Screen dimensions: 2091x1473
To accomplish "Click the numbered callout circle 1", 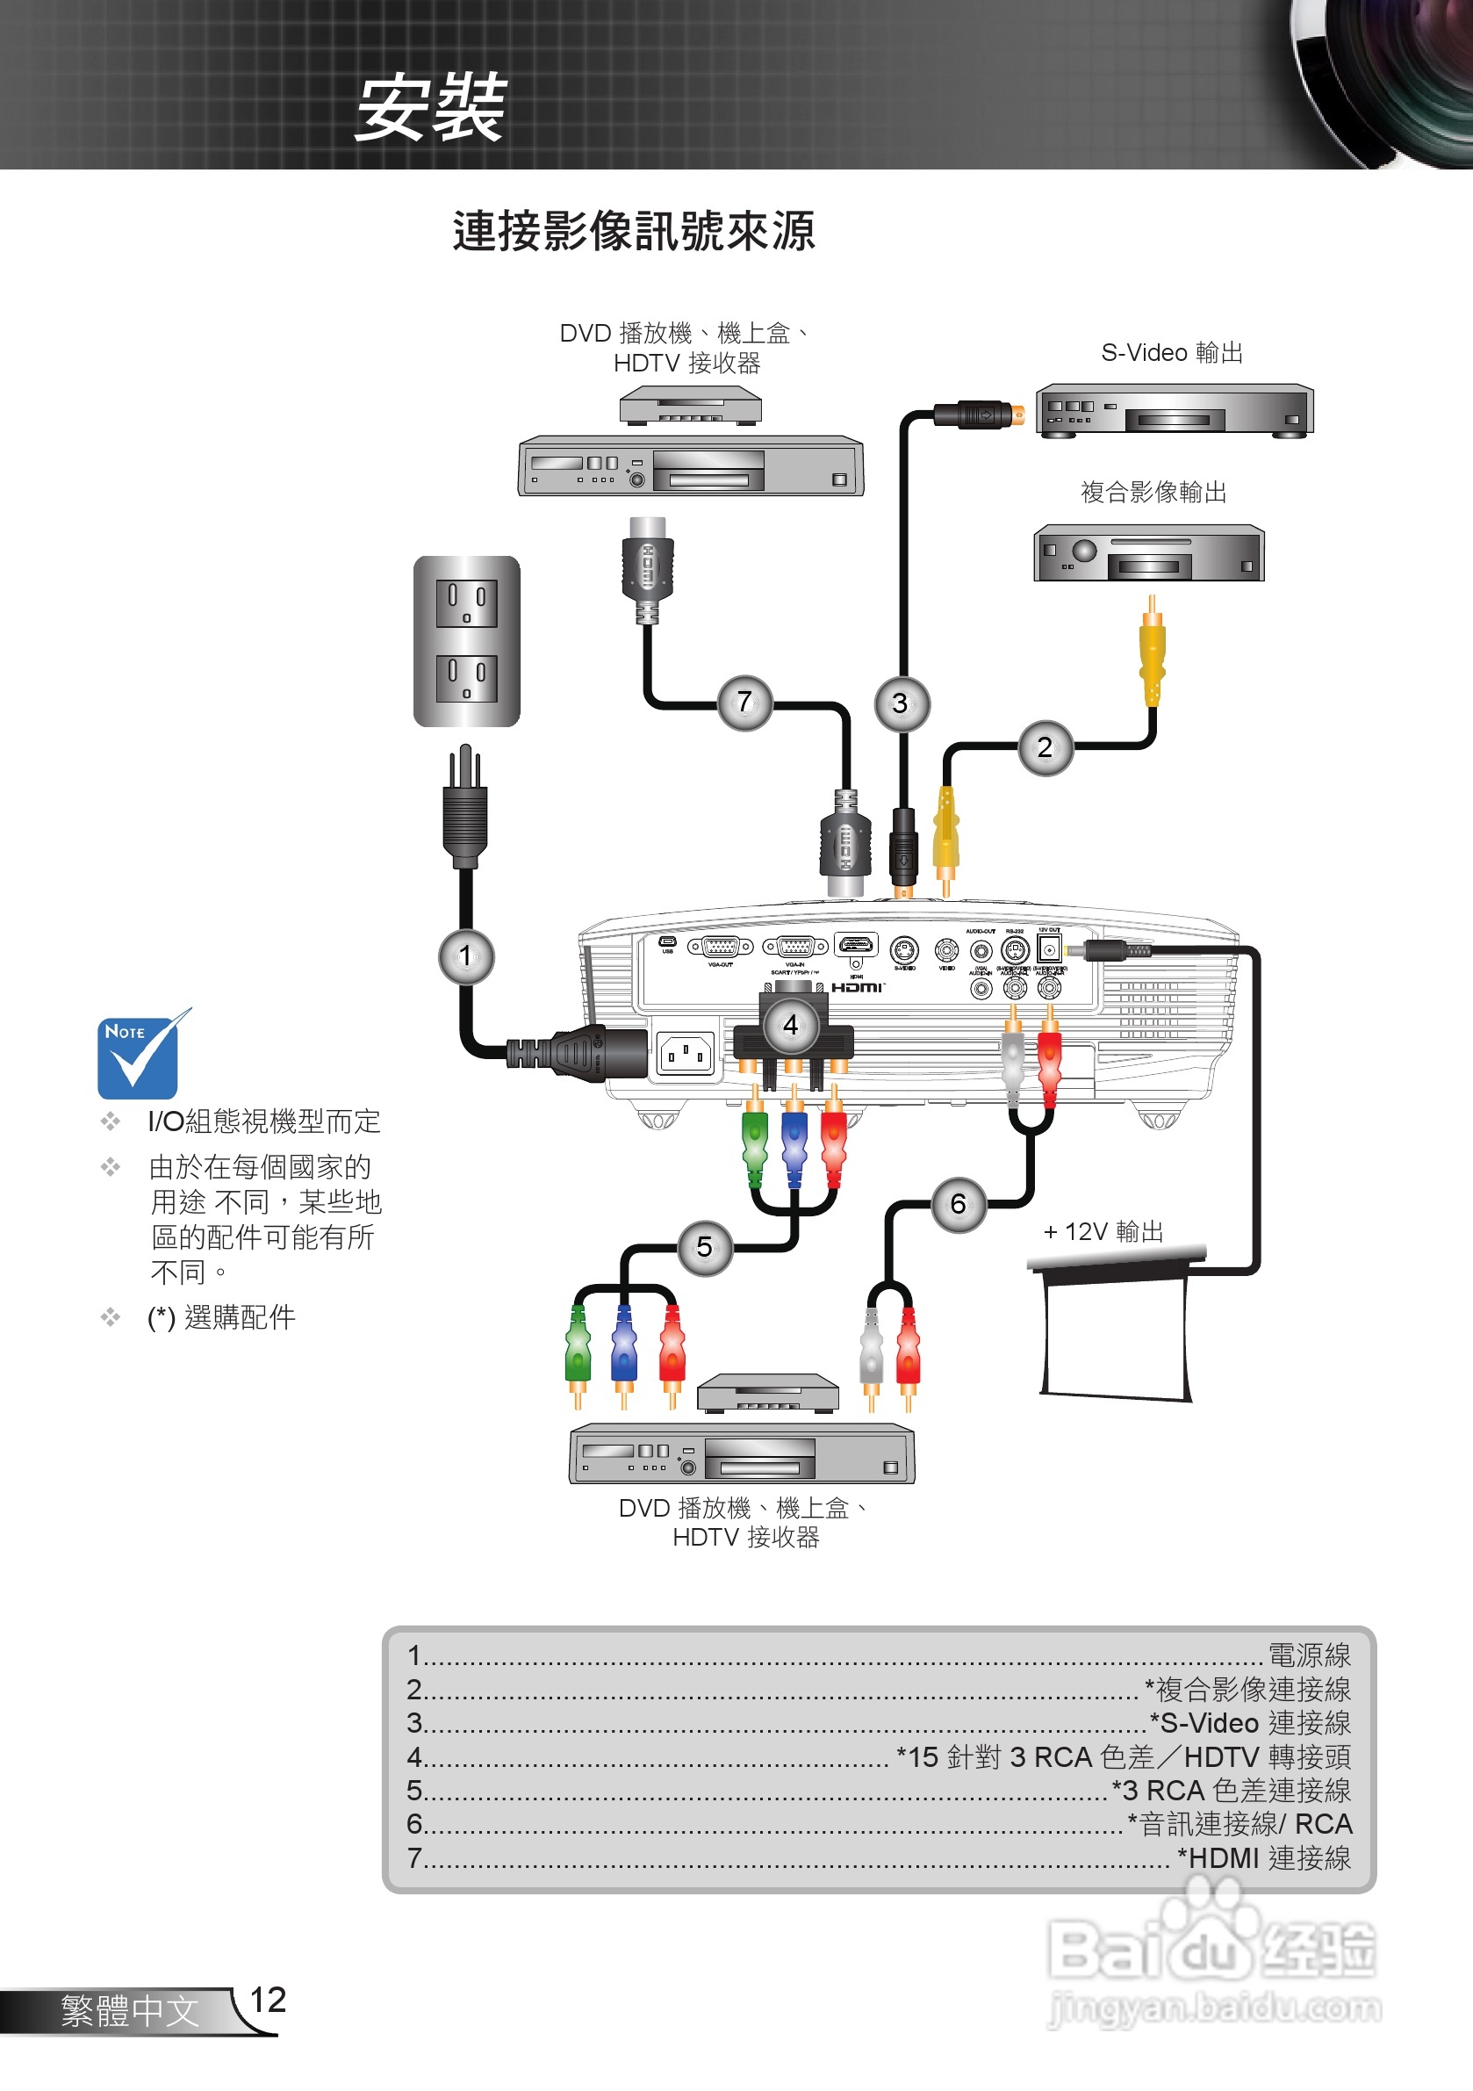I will pyautogui.click(x=465, y=955).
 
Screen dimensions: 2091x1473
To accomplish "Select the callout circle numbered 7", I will pyautogui.click(x=744, y=702).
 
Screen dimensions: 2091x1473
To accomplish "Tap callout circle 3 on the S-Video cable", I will pyautogui.click(x=901, y=703).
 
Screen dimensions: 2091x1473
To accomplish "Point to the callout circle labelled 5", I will pyautogui.click(x=704, y=1247).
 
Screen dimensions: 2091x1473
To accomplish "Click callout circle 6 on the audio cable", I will pyautogui.click(x=958, y=1205).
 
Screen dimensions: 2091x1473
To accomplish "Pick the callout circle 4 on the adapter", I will pyautogui.click(x=790, y=1025).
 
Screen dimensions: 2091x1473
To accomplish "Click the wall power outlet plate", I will pyautogui.click(x=466, y=640).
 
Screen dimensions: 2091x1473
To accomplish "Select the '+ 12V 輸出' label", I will pyautogui.click(x=1103, y=1231).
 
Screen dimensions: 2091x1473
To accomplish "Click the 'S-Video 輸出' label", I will pyautogui.click(x=1172, y=352).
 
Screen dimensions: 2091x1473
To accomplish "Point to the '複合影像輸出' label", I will pyautogui.click(x=1153, y=492).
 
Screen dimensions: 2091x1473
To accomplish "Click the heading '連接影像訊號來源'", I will pyautogui.click(x=634, y=230).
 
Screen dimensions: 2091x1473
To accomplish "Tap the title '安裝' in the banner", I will pyautogui.click(x=430, y=107).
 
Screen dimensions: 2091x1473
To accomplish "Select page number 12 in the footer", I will pyautogui.click(x=267, y=2000).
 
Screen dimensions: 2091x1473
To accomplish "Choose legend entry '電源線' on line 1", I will pyautogui.click(x=1308, y=1655).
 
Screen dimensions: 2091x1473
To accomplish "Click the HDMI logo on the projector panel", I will pyautogui.click(x=857, y=988).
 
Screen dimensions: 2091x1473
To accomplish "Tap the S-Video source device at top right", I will pyautogui.click(x=1174, y=411).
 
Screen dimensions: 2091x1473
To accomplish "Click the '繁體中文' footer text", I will pyautogui.click(x=129, y=2011).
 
